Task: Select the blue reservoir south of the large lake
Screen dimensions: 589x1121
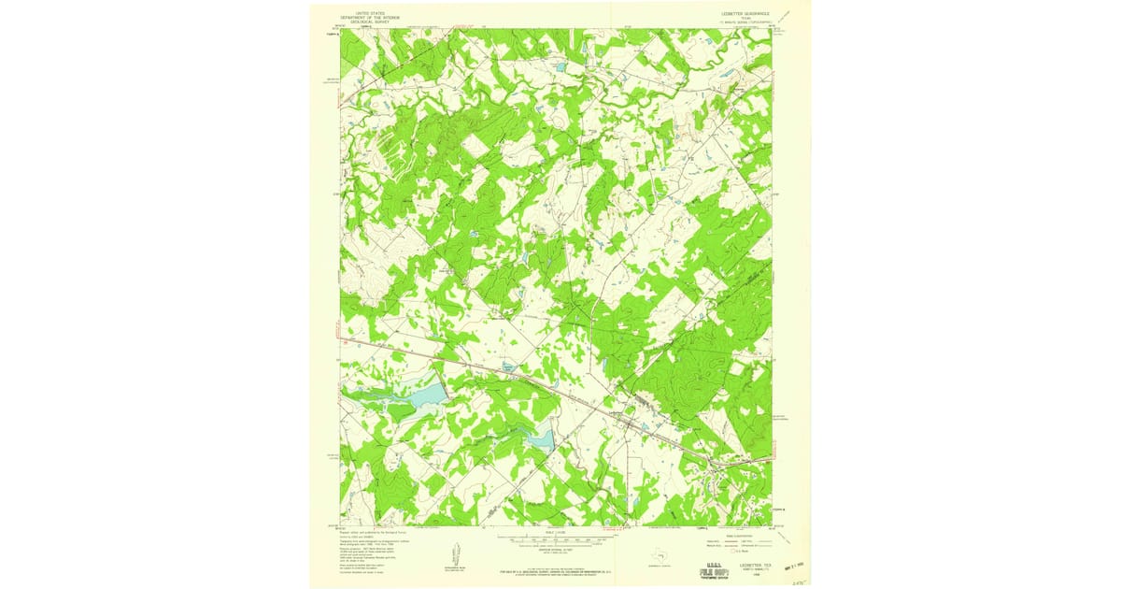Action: [x=540, y=437]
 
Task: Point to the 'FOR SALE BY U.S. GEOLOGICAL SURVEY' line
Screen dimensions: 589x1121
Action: [x=559, y=567]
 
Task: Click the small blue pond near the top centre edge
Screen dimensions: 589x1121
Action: [x=560, y=68]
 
